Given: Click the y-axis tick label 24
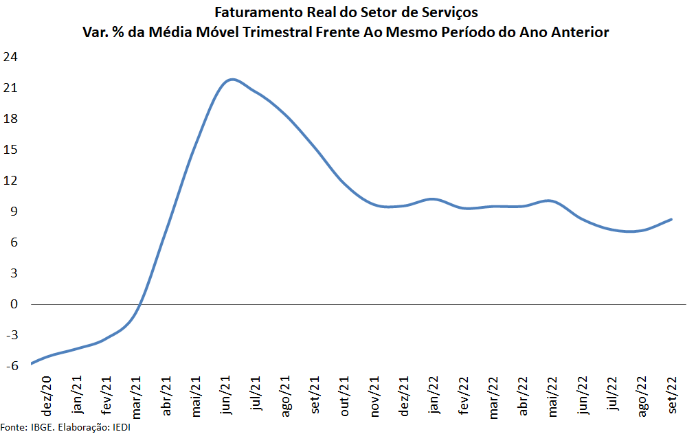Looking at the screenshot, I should tap(10, 57).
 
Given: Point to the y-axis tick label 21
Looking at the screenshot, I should tap(10, 88).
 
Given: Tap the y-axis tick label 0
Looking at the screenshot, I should tap(14, 304).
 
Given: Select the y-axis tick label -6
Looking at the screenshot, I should tap(10, 366).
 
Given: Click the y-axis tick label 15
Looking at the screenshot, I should tap(10, 150).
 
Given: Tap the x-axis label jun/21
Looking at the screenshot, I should tap(227, 395).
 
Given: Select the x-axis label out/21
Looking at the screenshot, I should tap(346, 395).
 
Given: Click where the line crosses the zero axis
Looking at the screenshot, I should tap(140, 304).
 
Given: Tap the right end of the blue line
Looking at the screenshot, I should tap(671, 219).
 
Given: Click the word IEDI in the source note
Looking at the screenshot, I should tap(120, 428).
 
